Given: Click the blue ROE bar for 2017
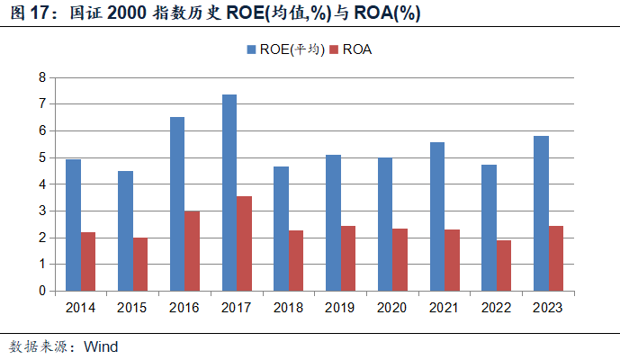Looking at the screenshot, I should click(229, 193).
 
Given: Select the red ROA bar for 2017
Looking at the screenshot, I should click(245, 244).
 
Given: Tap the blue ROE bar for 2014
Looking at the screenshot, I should click(73, 225).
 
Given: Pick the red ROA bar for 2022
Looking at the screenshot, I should click(505, 265).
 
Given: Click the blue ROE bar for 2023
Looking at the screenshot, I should click(541, 213).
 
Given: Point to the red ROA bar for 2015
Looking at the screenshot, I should click(140, 265).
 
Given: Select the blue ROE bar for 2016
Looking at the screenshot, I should click(177, 204).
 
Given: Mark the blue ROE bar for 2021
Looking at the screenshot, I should click(436, 217).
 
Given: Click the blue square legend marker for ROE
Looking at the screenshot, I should click(250, 50).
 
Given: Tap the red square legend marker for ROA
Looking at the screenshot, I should click(335, 50).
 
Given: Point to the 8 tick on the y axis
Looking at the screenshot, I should click(41, 78).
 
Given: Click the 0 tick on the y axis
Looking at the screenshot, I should click(41, 292).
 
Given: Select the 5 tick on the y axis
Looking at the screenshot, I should click(41, 158).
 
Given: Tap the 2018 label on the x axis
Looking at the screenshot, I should click(289, 308).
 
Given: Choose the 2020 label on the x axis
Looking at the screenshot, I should click(392, 308).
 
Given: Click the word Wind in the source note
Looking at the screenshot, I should click(101, 346).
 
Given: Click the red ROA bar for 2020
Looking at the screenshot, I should click(400, 260).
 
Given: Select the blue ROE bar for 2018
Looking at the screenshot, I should click(281, 229).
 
